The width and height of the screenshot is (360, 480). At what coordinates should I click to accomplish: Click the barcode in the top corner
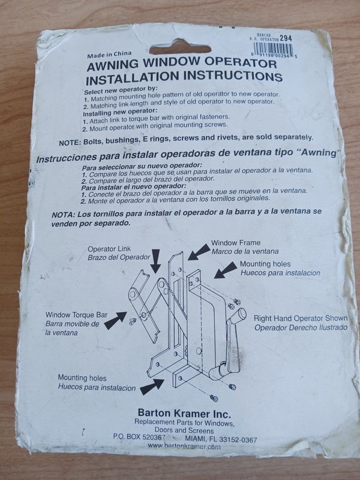click(273, 49)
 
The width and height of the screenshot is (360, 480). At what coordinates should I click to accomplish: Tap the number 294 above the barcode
click(286, 38)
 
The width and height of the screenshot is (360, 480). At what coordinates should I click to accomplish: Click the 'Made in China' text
click(109, 55)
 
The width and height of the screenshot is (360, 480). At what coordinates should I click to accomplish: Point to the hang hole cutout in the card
click(180, 48)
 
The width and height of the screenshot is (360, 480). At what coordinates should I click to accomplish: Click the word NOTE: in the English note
click(70, 143)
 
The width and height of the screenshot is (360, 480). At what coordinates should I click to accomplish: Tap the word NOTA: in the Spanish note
click(63, 215)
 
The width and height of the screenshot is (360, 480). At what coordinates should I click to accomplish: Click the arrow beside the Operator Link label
click(156, 261)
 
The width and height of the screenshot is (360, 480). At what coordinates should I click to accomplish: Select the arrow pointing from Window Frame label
click(199, 252)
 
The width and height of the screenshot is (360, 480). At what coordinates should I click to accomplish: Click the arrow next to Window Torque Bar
click(115, 320)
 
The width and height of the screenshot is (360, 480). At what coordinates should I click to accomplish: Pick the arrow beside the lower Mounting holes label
click(152, 386)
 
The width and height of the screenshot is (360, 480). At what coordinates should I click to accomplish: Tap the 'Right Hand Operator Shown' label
click(300, 318)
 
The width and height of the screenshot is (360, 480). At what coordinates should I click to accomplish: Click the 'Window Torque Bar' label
click(76, 315)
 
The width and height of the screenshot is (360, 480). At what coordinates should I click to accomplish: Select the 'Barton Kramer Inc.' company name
click(184, 414)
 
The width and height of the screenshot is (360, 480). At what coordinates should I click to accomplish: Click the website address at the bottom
click(184, 446)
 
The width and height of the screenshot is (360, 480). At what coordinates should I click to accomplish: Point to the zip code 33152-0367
click(238, 440)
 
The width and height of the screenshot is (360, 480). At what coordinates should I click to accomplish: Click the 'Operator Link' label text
click(109, 249)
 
